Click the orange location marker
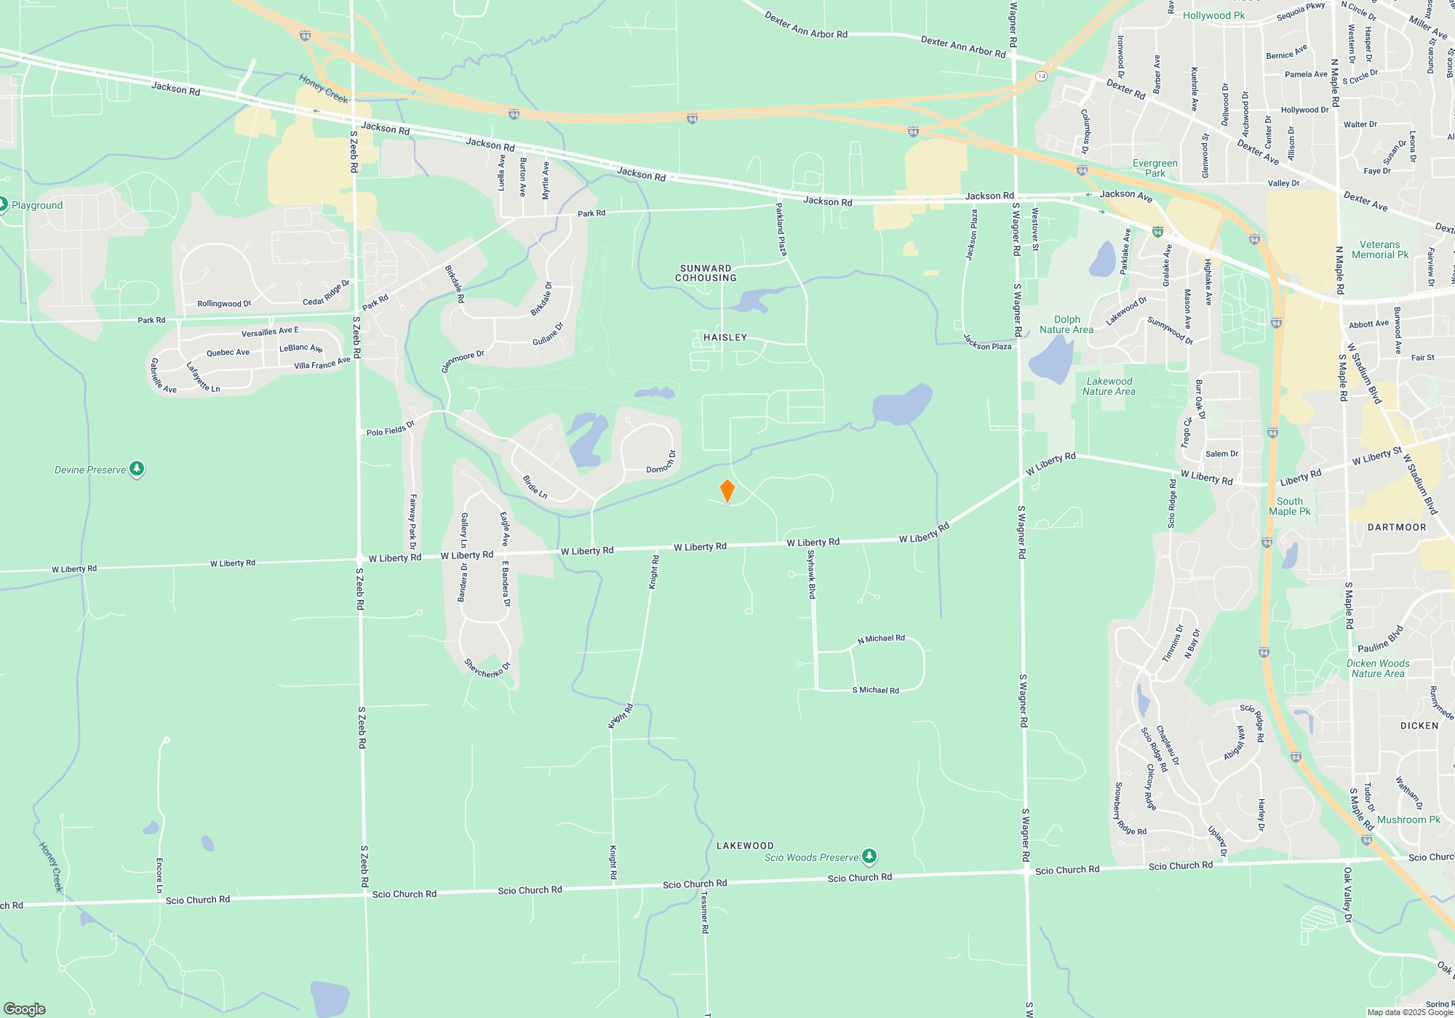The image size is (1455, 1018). click(x=727, y=491)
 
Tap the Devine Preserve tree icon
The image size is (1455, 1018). click(x=137, y=469)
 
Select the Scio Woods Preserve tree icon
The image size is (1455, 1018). click(x=869, y=857)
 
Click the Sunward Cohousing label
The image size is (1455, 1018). click(x=706, y=273)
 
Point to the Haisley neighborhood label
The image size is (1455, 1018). click(x=725, y=337)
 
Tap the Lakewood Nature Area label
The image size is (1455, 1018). click(x=1109, y=386)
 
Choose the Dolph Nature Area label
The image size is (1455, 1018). click(x=1067, y=324)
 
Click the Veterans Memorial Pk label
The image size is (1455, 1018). click(x=1380, y=249)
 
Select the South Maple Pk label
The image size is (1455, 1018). click(x=1290, y=506)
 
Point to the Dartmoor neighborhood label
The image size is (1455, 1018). click(x=1397, y=527)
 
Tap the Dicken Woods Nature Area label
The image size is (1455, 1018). click(x=1378, y=668)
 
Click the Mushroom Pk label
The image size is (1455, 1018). click(x=1408, y=819)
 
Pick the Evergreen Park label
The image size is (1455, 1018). click(x=1155, y=168)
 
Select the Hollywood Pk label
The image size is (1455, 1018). click(x=1213, y=15)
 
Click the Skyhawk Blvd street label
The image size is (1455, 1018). click(x=812, y=574)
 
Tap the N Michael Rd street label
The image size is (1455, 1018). click(x=881, y=638)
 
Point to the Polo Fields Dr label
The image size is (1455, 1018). click(x=391, y=429)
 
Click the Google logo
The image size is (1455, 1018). click(x=25, y=1009)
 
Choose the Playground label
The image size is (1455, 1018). click(x=37, y=205)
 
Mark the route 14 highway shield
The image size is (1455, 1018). click(x=1042, y=76)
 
